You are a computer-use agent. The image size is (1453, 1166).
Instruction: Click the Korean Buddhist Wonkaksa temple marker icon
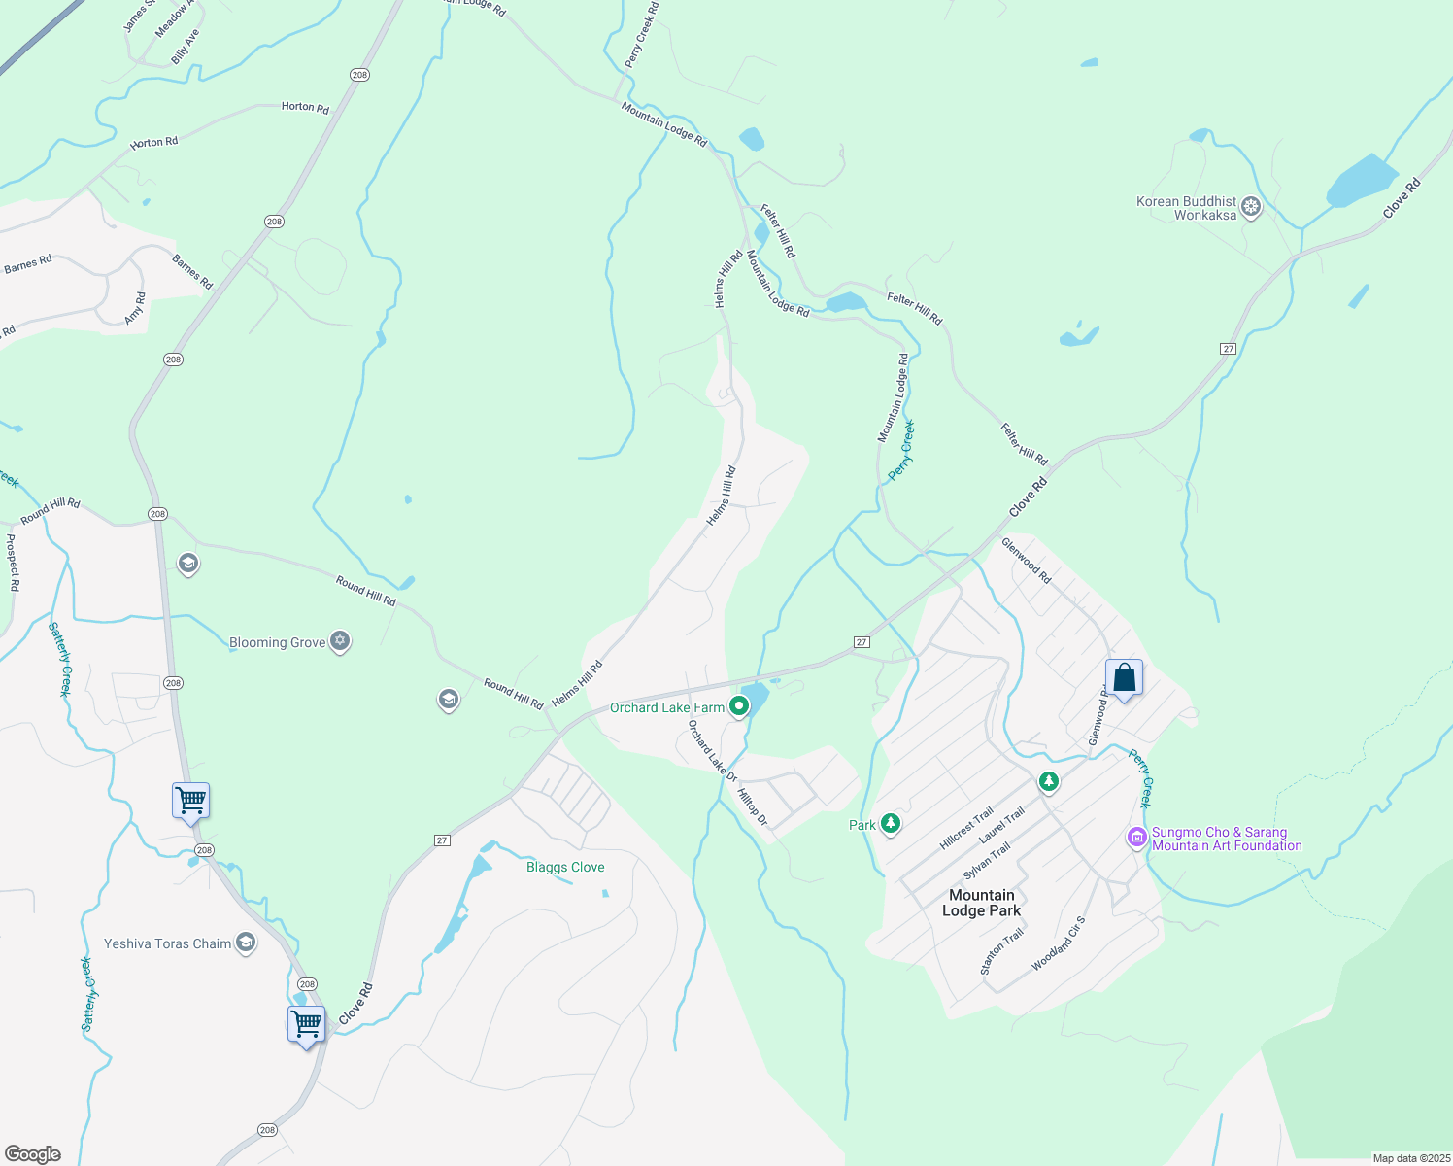(x=1252, y=207)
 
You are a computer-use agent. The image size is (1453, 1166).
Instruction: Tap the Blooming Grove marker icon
(x=339, y=641)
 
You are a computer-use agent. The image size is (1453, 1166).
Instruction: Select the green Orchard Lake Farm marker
(x=739, y=706)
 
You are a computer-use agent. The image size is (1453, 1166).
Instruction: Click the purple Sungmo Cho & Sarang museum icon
(x=1136, y=838)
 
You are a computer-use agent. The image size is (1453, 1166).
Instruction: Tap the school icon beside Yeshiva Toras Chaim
(x=246, y=943)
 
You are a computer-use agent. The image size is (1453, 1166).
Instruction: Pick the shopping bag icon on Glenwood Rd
(x=1124, y=677)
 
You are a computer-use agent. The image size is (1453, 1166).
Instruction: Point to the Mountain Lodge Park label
(x=981, y=903)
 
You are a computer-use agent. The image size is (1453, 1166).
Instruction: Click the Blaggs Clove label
(x=565, y=867)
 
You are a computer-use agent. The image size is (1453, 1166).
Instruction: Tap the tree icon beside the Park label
(x=890, y=824)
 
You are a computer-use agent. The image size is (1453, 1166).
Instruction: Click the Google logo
(x=32, y=1153)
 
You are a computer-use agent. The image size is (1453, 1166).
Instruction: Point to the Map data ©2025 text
(x=1410, y=1158)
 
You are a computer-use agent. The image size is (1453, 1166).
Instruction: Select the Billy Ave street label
(x=186, y=47)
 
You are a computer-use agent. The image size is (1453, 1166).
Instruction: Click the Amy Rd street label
(x=135, y=308)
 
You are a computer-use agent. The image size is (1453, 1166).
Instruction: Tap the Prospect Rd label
(x=13, y=563)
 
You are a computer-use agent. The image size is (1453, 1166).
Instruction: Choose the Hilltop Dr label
(x=753, y=806)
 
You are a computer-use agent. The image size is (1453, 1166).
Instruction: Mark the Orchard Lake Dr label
(x=713, y=751)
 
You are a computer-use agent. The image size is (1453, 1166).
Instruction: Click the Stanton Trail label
(x=1001, y=951)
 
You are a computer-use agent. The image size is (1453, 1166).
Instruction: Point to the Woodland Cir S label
(x=1058, y=942)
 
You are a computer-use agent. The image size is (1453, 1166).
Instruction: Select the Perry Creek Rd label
(x=641, y=35)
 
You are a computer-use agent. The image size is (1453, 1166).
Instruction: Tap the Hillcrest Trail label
(x=966, y=828)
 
